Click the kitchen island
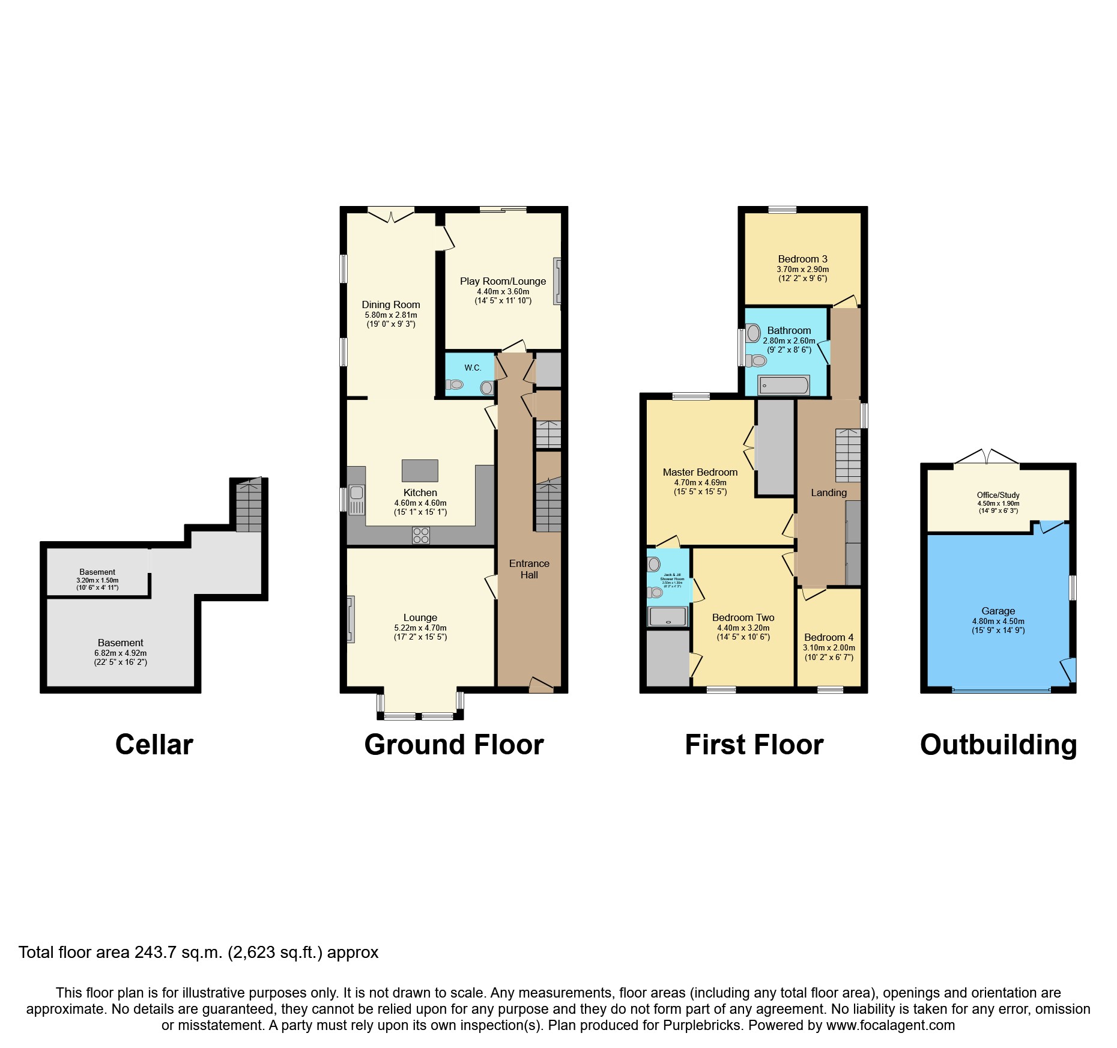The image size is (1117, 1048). tap(420, 471)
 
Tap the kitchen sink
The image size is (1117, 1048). tap(356, 500)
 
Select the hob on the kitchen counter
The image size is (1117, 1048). tap(421, 535)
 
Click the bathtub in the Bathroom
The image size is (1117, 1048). tap(784, 385)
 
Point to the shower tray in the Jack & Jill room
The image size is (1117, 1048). tap(667, 617)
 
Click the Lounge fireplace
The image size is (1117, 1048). tap(351, 619)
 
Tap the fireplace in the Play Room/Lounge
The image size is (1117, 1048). tap(557, 281)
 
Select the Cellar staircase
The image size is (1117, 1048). tap(249, 505)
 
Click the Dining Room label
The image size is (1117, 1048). tap(391, 304)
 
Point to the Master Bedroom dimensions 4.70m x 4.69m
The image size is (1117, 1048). tap(700, 482)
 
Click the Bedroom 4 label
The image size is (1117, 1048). tap(829, 637)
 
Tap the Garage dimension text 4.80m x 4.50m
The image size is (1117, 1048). tap(998, 622)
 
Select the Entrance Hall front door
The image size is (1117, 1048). tap(541, 686)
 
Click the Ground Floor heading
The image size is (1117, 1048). tap(454, 745)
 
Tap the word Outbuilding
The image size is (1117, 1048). tap(998, 745)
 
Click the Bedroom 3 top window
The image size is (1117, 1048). tap(783, 210)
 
